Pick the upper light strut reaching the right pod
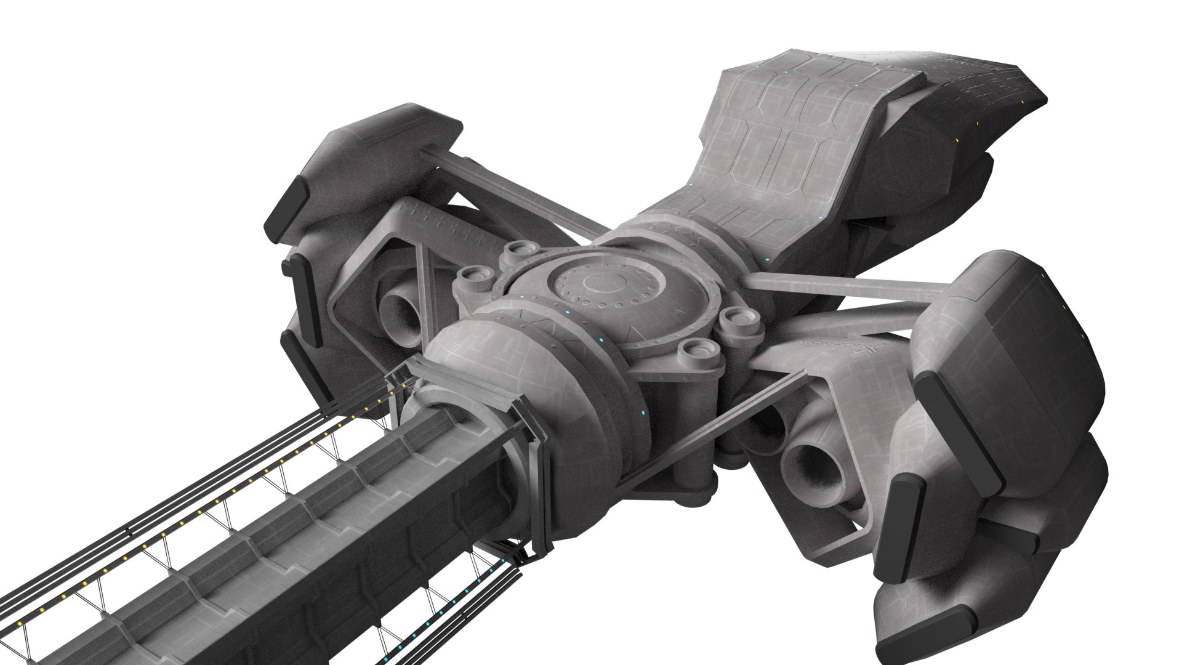pos(850,287)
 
